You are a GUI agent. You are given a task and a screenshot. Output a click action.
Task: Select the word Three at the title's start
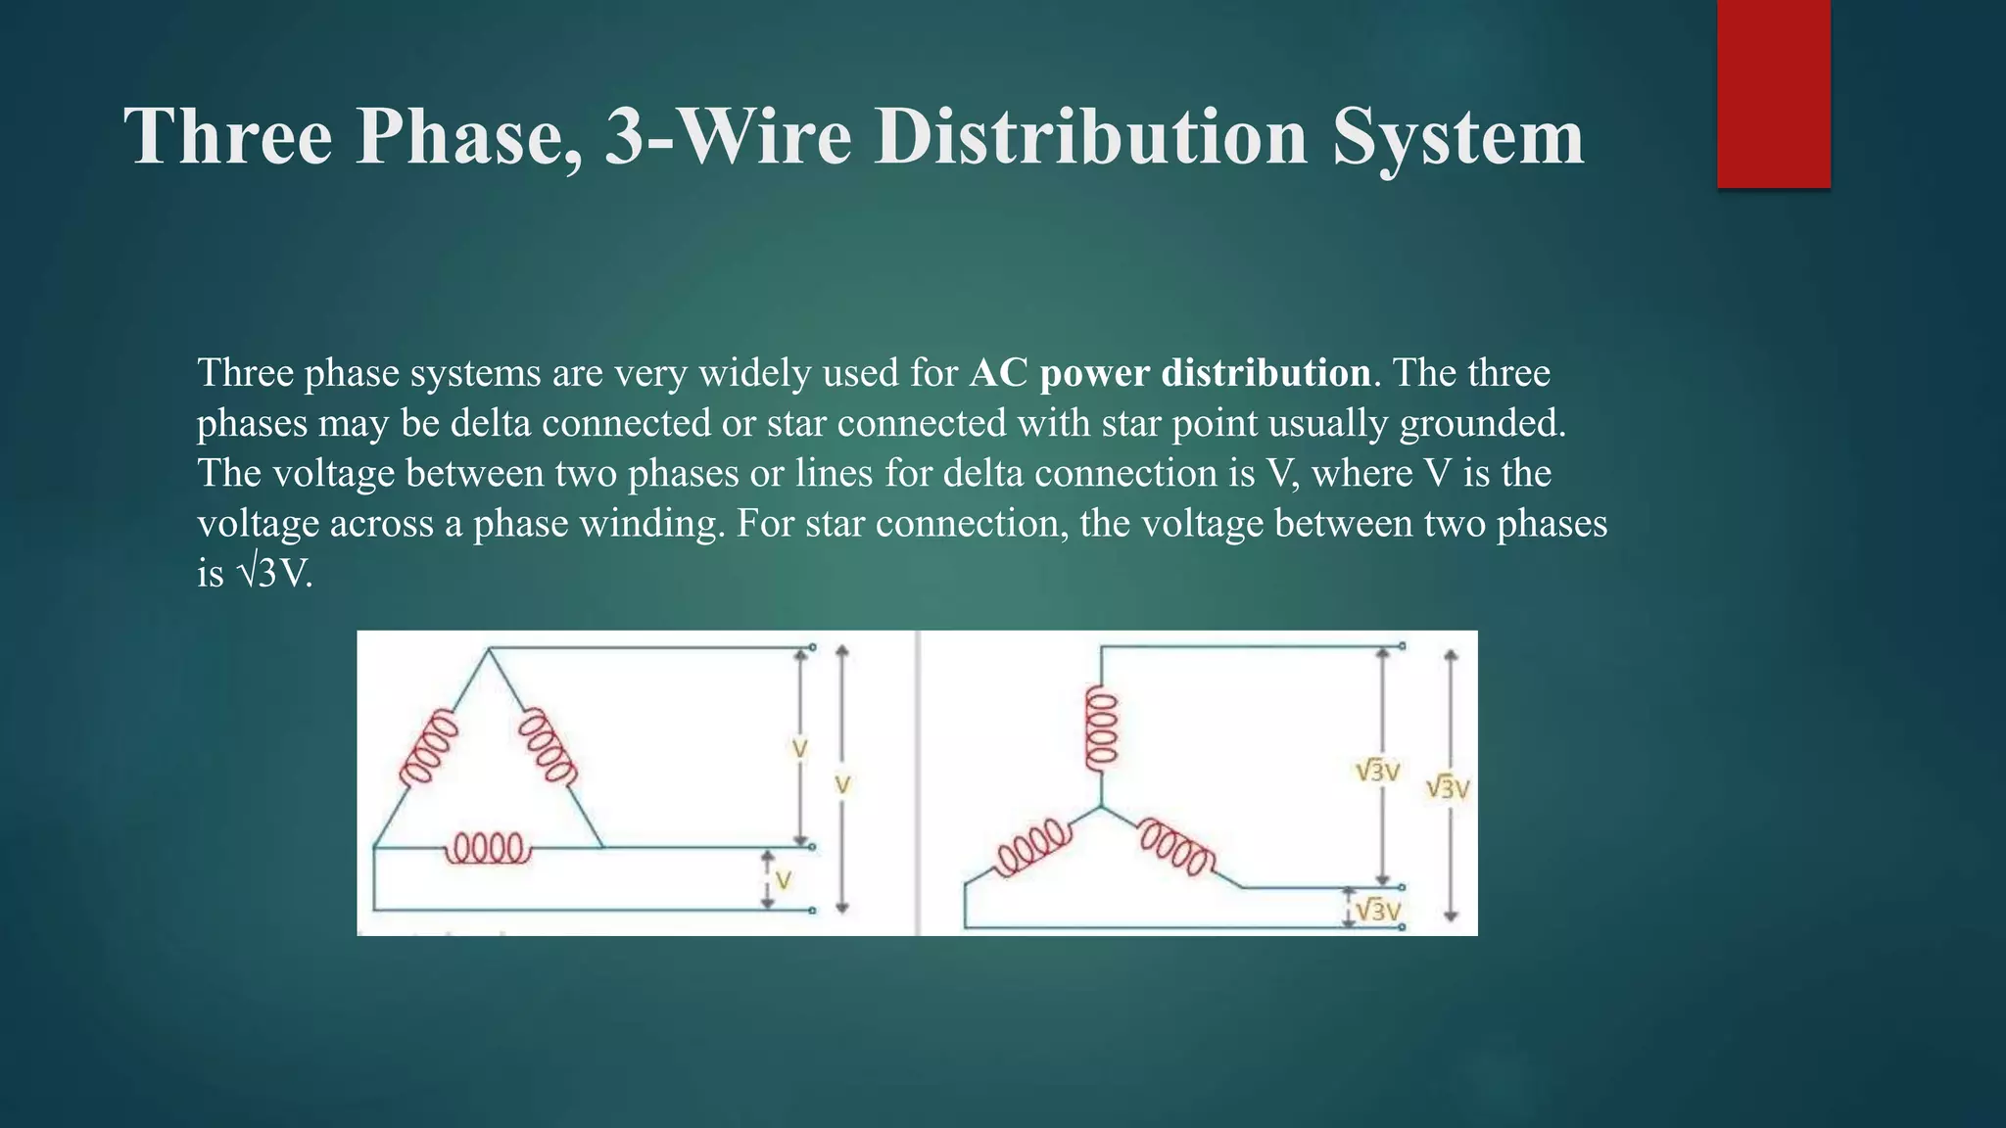228,136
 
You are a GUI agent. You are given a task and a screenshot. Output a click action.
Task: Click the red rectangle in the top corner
1773,93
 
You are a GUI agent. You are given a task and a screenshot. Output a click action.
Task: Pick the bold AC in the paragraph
999,373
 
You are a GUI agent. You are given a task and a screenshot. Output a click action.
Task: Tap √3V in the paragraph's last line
274,574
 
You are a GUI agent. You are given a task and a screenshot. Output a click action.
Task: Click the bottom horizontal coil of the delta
489,848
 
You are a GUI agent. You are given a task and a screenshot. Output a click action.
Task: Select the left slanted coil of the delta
429,747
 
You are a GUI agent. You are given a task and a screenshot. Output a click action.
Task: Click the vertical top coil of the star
1101,728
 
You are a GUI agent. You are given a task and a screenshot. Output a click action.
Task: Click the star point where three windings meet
1101,807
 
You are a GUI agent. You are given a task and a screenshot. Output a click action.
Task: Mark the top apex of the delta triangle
489,649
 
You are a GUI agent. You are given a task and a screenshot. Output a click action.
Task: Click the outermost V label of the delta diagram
842,784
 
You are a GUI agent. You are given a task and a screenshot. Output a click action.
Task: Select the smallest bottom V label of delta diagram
783,880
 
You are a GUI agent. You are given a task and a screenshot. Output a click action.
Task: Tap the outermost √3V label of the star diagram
1448,787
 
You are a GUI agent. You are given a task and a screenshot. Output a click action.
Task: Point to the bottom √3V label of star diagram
1379,911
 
